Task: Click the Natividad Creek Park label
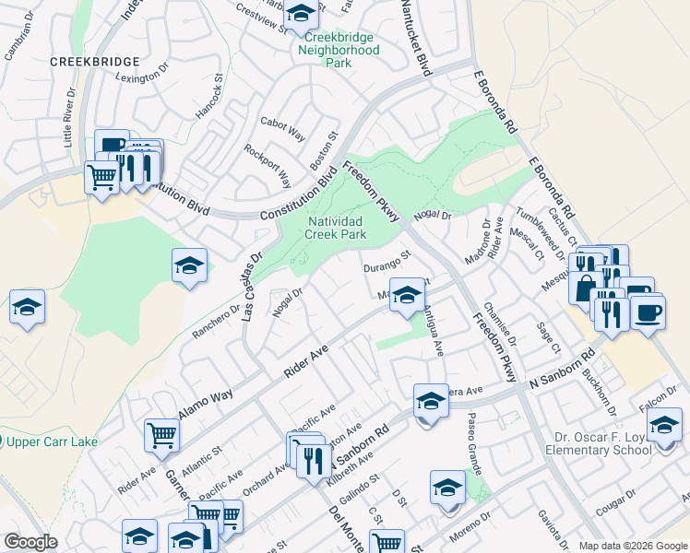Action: click(336, 228)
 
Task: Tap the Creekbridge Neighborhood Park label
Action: click(339, 57)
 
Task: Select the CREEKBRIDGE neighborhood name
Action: click(94, 61)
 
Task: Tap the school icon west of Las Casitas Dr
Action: click(189, 266)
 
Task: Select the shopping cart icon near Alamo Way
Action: click(162, 433)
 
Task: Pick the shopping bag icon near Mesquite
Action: click(586, 286)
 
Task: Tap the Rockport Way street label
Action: click(268, 164)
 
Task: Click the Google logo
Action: click(30, 542)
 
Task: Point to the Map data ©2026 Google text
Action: click(632, 546)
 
